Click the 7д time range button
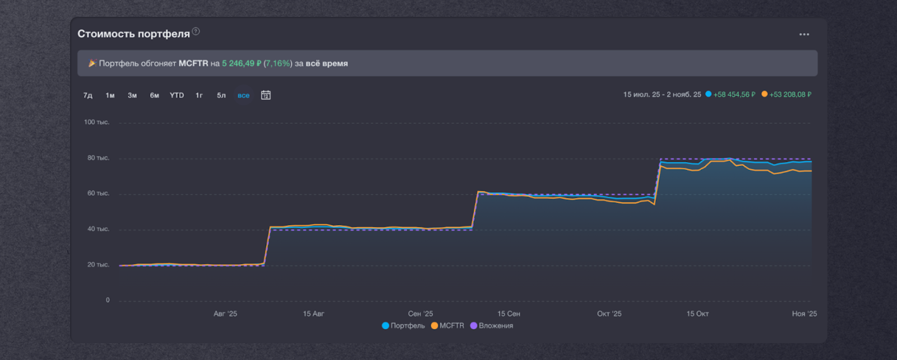(x=87, y=95)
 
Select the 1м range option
(x=110, y=95)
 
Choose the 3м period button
(x=132, y=95)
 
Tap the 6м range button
(x=154, y=95)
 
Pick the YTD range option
(x=177, y=95)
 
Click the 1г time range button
(x=199, y=95)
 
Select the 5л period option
(x=221, y=95)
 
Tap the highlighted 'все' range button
(x=243, y=95)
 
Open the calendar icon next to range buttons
(x=266, y=95)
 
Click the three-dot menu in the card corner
(x=804, y=34)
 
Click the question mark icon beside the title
(x=196, y=31)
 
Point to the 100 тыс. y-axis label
(x=96, y=122)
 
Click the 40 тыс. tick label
(x=98, y=229)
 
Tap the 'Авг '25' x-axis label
(x=225, y=314)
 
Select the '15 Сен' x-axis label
(x=508, y=314)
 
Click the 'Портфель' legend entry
(x=404, y=326)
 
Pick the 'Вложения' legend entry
(x=492, y=326)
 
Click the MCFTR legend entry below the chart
(x=447, y=326)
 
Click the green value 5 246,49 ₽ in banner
(x=242, y=63)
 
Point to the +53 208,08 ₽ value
(x=790, y=95)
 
